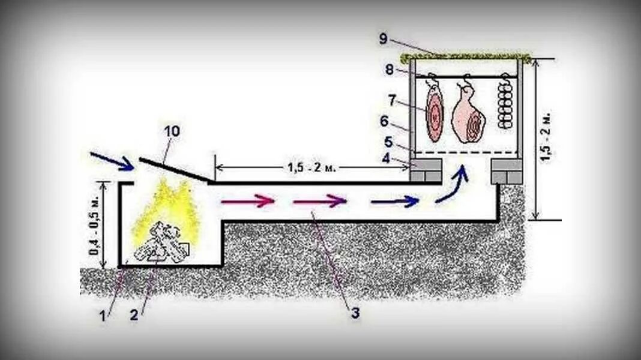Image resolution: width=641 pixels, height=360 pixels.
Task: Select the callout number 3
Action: click(355, 313)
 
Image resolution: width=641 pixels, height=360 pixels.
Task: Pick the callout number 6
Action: click(384, 121)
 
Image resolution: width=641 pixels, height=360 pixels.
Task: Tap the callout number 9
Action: click(384, 40)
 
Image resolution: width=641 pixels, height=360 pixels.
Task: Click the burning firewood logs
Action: click(160, 244)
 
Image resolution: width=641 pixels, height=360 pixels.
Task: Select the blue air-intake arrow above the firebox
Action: click(112, 161)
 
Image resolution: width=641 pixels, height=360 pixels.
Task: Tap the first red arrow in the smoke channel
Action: click(247, 201)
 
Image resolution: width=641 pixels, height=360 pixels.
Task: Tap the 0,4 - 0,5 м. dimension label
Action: click(97, 224)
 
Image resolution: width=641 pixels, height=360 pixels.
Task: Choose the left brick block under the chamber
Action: click(426, 170)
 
